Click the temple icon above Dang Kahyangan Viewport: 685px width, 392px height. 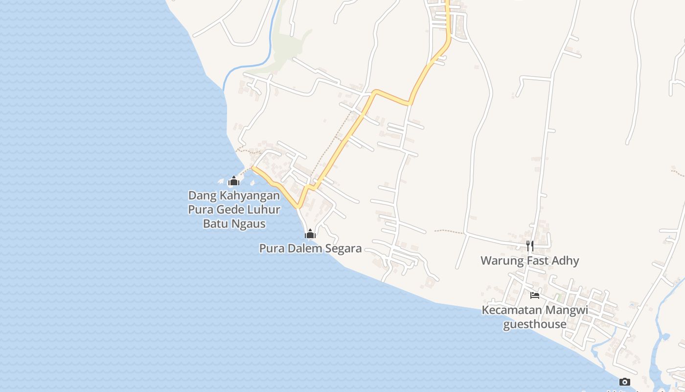[234, 181]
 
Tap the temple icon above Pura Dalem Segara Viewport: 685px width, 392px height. [310, 234]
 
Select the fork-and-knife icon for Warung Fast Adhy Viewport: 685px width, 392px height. [530, 245]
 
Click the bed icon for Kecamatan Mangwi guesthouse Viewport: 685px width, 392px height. [535, 295]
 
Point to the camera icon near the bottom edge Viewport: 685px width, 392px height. [624, 382]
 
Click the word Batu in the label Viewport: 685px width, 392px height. [214, 224]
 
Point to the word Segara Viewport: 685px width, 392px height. [342, 248]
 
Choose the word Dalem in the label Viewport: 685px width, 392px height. [305, 248]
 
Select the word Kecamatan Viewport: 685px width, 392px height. [512, 310]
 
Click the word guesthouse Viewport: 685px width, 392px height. [535, 324]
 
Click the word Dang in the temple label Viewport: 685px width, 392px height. [202, 196]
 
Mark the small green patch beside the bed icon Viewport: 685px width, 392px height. [557, 297]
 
